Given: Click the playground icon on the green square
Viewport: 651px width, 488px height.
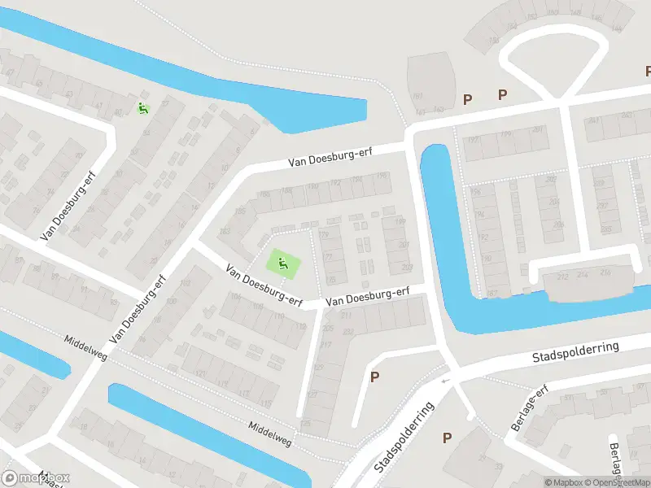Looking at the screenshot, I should [282, 263].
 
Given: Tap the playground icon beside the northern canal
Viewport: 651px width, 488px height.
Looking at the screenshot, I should [142, 108].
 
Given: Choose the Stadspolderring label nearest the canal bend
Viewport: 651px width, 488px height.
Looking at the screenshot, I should [575, 352].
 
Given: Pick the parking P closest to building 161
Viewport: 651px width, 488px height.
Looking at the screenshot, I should [467, 99].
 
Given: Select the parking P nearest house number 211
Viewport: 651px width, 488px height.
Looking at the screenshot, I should [375, 377].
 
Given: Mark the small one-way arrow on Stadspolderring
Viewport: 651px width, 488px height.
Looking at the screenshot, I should [444, 380].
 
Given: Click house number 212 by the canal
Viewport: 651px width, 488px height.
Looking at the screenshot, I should [561, 277].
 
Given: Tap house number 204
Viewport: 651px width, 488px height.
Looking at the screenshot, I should [553, 203].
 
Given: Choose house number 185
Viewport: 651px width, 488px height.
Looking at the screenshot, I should [239, 211].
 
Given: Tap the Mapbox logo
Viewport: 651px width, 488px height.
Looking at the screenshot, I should [36, 478].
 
